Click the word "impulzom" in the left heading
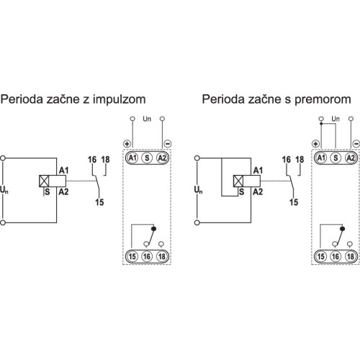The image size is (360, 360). pos(120,100)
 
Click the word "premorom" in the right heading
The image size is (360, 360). pos(323,100)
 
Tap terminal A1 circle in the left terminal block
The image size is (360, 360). pos(132,158)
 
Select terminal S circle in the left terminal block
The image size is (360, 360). pos(147,158)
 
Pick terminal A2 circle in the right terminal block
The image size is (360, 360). pos(351,158)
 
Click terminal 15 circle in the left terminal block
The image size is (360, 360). pos(132,256)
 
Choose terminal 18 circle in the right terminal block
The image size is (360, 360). pos(351,256)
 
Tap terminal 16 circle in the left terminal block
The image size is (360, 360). pos(147,256)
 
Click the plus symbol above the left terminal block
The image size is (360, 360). pos(127,144)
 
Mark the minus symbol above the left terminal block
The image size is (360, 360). pos(168,144)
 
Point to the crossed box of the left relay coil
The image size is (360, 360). pos(44,181)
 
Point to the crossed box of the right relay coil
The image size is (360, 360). pos(238,181)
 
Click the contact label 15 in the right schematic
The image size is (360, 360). pos(294,202)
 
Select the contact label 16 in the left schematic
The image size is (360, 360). pos(92,160)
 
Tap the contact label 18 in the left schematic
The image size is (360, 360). pos(105,160)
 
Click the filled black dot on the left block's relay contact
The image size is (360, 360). pos(154,229)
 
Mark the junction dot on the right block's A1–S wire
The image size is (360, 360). pos(321,124)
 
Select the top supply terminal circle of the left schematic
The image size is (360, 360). pos(3,158)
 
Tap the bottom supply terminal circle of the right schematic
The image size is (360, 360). pos(197,222)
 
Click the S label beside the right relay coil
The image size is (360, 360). pos(241,192)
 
